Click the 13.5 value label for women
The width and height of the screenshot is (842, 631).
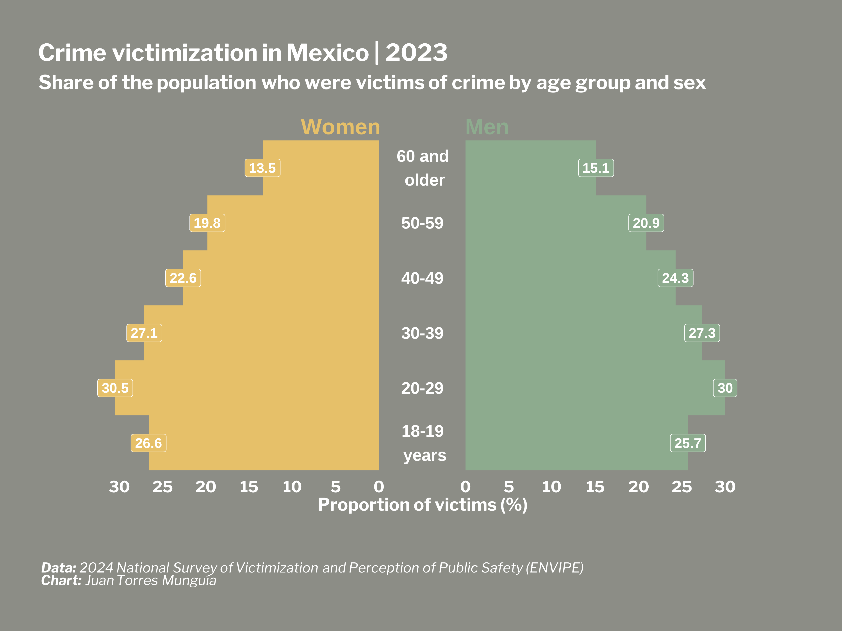pyautogui.click(x=262, y=168)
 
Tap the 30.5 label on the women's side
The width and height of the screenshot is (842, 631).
pyautogui.click(x=115, y=388)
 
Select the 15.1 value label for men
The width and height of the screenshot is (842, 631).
pyautogui.click(x=596, y=168)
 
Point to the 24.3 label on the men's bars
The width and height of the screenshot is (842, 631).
pyautogui.click(x=675, y=278)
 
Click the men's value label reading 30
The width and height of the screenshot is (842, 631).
pyautogui.click(x=725, y=388)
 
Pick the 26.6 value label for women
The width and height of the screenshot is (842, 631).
pyautogui.click(x=148, y=443)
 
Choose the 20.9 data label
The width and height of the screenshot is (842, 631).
pyautogui.click(x=646, y=223)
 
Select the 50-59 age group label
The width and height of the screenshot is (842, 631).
pyautogui.click(x=422, y=223)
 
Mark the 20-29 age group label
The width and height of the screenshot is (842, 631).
pyautogui.click(x=422, y=388)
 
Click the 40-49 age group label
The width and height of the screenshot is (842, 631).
pyautogui.click(x=422, y=278)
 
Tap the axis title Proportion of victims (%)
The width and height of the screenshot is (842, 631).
pyautogui.click(x=423, y=505)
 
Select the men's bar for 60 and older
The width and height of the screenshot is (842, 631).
pyautogui.click(x=531, y=168)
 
